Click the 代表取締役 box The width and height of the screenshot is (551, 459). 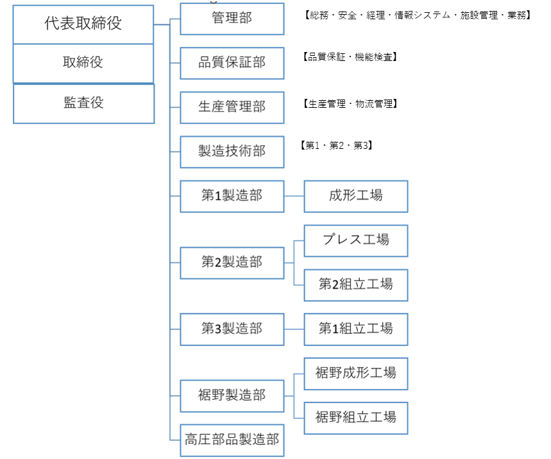point(83,24)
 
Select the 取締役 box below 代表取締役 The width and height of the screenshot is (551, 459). point(83,64)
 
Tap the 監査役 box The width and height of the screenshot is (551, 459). point(83,104)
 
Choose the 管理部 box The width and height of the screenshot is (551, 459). point(232,19)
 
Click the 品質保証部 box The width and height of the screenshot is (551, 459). point(232,64)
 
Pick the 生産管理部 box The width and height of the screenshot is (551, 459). point(232,108)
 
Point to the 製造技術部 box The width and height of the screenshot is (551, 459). point(232,152)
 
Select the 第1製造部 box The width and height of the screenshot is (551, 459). point(232,196)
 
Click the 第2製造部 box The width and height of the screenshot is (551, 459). point(232,263)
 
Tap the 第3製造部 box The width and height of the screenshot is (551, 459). point(232,329)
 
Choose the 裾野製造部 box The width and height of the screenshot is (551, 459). point(232,396)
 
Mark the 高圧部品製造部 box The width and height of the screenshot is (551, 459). point(232,440)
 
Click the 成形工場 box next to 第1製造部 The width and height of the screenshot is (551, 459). point(356,196)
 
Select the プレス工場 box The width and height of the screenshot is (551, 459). point(356,241)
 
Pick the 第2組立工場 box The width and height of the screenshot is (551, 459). point(356,285)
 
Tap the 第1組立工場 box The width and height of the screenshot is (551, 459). point(356,329)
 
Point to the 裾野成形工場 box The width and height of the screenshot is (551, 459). point(356,374)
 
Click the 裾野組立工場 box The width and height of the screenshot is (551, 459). point(356,418)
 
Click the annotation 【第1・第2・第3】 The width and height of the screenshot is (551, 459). point(336,146)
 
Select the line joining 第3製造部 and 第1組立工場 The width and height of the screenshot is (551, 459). point(294,329)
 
